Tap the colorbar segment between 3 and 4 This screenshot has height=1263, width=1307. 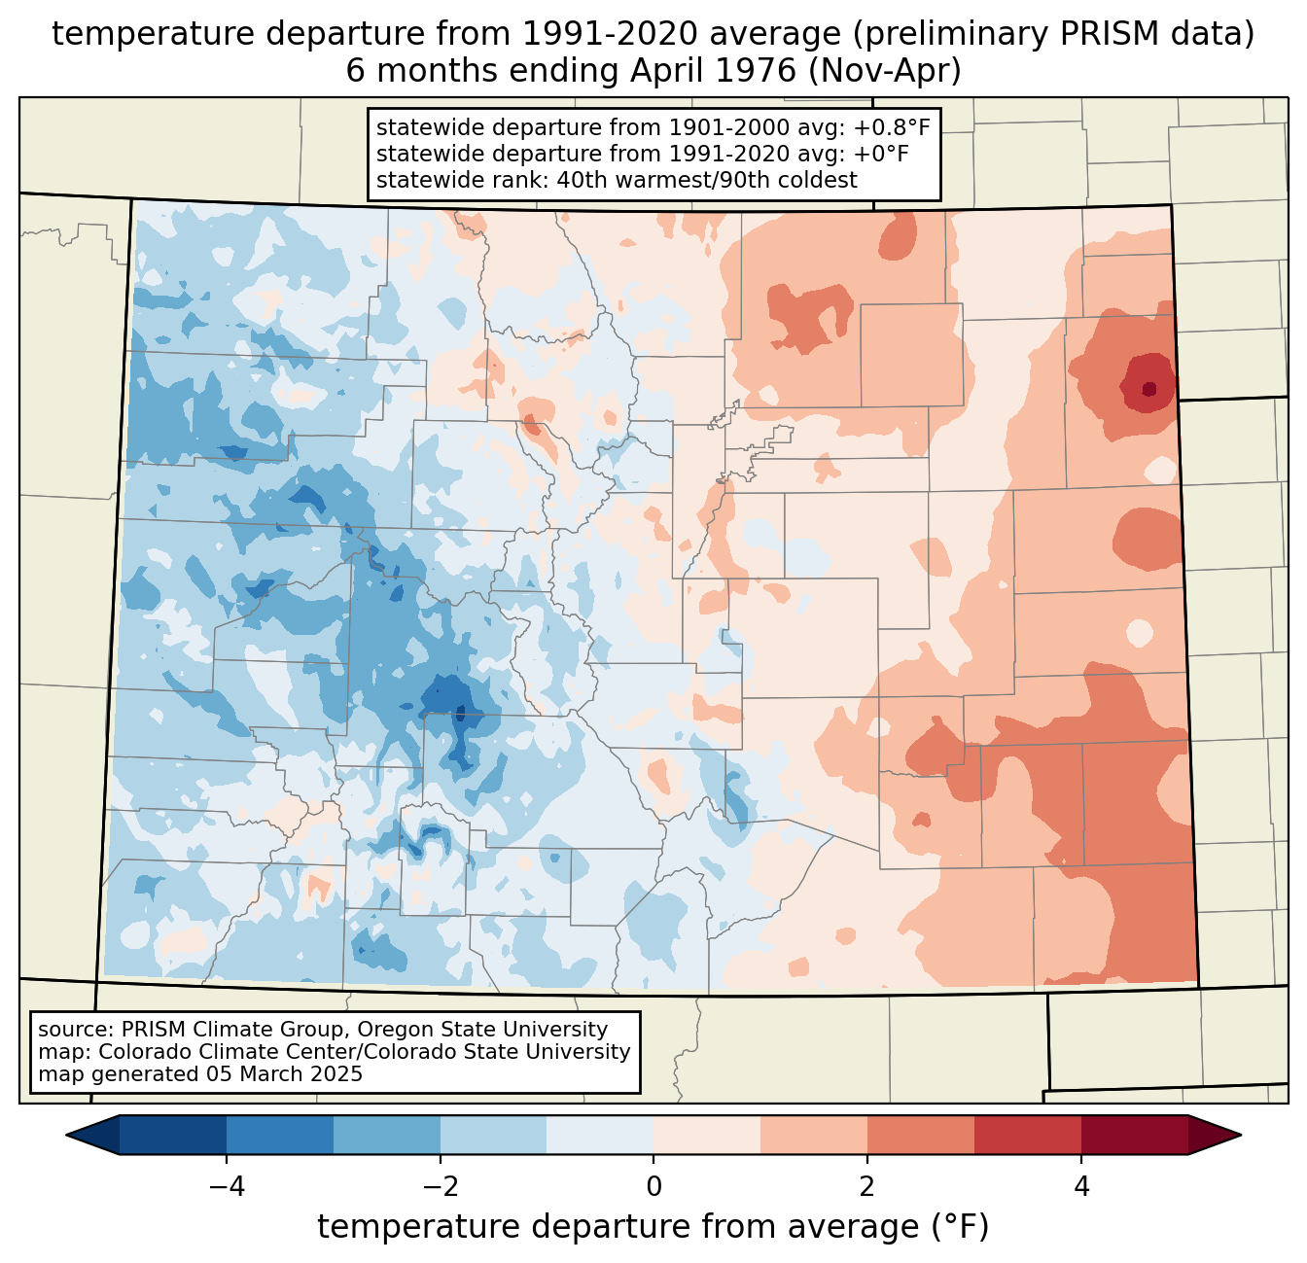coord(1028,1135)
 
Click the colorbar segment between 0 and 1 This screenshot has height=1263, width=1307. coord(707,1135)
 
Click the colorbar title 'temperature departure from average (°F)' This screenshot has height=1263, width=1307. coord(653,1227)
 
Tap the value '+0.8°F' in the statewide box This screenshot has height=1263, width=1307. coord(892,127)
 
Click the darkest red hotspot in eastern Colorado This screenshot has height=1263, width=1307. coord(1149,389)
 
